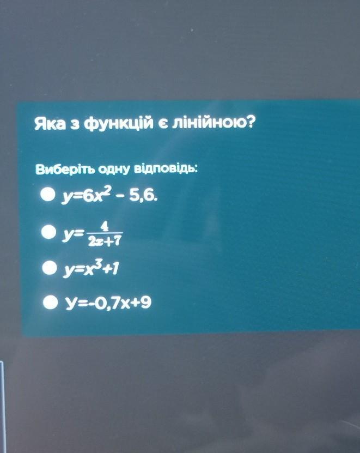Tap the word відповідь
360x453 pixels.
166,168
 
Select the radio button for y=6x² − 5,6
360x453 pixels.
47,195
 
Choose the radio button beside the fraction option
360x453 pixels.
48,232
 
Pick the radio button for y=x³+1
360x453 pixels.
50,268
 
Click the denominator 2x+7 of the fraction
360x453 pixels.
104,240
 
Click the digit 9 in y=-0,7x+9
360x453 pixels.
145,302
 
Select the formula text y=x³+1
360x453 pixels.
90,268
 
